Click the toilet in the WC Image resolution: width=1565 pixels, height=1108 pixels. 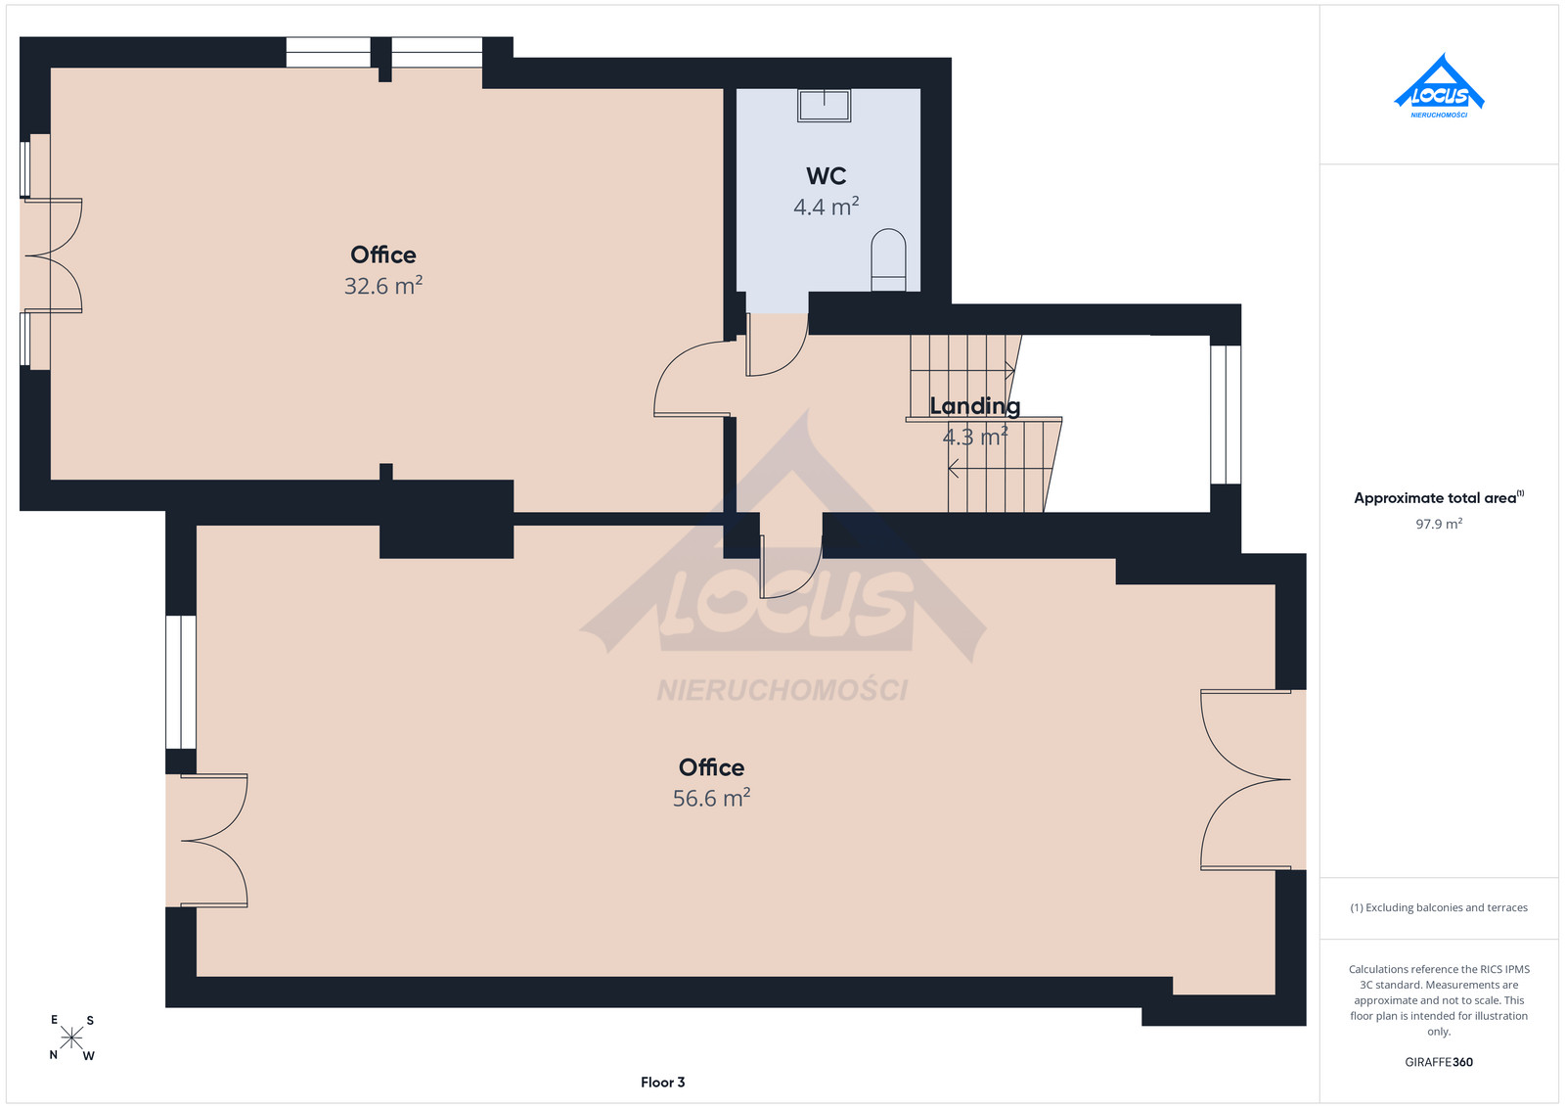[888, 259]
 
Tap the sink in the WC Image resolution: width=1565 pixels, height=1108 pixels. [825, 106]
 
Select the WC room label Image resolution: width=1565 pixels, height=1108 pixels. [826, 176]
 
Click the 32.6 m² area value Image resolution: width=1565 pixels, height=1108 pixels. [382, 285]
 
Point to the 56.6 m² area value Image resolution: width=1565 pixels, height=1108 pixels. [711, 798]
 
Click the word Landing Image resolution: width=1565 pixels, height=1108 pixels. [974, 406]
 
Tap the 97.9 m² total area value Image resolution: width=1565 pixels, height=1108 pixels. [1439, 524]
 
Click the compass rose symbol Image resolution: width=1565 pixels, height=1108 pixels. [71, 1038]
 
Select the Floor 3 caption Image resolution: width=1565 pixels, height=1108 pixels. [662, 1083]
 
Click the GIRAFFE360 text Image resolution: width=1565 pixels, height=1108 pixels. [1439, 1062]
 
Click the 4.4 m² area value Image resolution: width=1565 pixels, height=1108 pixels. [826, 207]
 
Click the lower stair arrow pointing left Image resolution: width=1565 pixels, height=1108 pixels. [1000, 468]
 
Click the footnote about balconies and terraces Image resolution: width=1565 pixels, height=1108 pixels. [1439, 907]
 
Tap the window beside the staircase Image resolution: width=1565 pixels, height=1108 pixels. [1226, 415]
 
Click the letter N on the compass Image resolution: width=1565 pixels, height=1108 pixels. [53, 1055]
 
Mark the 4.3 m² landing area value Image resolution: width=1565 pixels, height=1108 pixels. [974, 437]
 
